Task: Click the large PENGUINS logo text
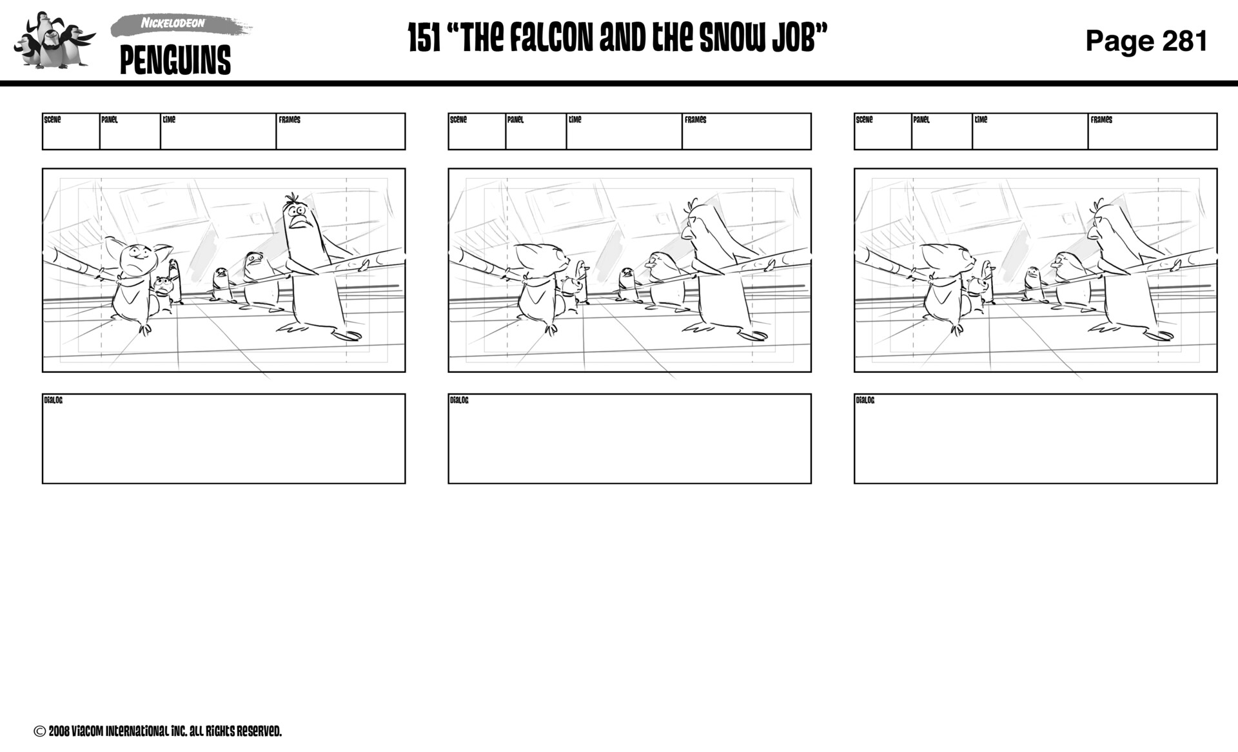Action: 175,61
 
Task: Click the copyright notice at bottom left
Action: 158,731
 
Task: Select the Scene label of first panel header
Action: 52,120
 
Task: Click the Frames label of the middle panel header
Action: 695,120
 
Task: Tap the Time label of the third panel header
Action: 981,120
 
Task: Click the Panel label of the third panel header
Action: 921,120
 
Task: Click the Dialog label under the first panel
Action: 54,401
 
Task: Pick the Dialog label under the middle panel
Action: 459,401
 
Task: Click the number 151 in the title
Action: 424,38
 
